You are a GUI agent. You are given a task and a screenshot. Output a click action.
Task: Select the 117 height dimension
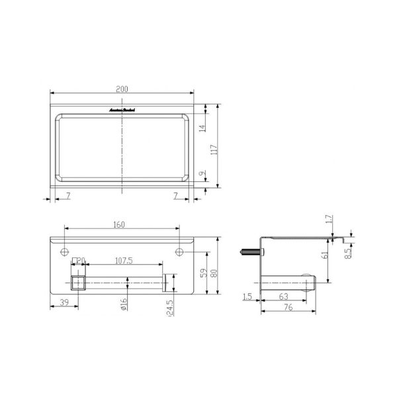click(213, 150)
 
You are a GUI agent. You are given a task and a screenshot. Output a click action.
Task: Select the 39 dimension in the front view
click(64, 302)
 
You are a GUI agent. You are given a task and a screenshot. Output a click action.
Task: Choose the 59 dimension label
click(203, 273)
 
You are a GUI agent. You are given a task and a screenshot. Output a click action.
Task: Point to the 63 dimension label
click(283, 296)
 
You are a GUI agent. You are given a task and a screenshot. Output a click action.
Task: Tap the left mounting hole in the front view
click(64, 251)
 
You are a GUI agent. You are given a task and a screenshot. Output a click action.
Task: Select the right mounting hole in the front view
click(179, 251)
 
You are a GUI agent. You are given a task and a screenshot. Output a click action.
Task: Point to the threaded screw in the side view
click(249, 251)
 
